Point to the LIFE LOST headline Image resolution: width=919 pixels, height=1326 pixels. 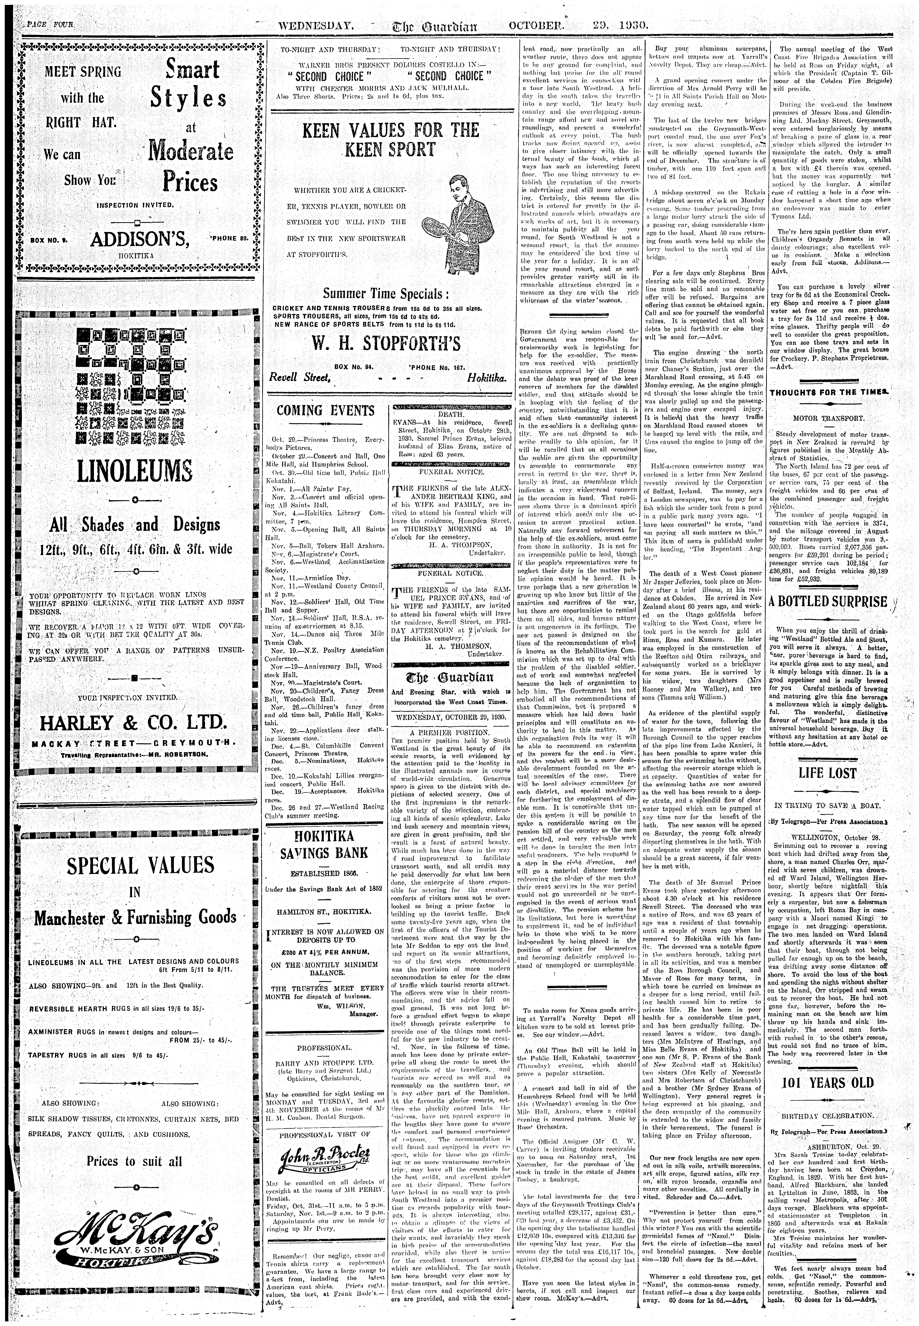(827, 773)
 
